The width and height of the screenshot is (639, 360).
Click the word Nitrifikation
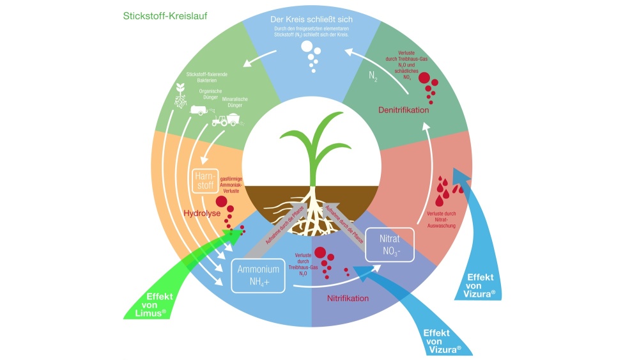click(x=348, y=299)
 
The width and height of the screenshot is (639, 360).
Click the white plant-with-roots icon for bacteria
click(x=180, y=97)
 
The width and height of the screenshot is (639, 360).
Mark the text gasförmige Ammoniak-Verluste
click(x=231, y=187)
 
